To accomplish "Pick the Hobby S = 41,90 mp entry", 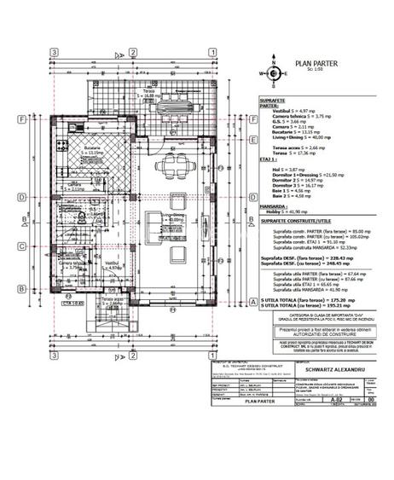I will [x=288, y=211].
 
